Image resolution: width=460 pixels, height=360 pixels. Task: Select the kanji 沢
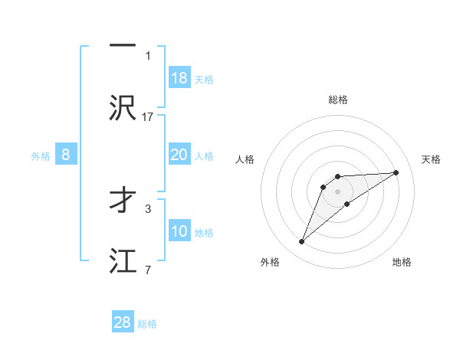[123, 107]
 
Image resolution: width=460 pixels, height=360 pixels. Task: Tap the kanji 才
[123, 201]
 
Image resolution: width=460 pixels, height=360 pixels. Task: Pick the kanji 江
[123, 260]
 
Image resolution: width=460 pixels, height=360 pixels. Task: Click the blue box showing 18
[179, 77]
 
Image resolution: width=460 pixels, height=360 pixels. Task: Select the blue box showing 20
[179, 155]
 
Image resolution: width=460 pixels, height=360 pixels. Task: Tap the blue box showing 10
[179, 231]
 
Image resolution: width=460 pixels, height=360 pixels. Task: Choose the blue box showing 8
[66, 155]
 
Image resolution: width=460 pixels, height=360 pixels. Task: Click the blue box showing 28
[123, 322]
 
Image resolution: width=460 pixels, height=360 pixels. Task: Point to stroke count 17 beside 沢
[148, 116]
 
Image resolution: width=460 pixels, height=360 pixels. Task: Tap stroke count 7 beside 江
[148, 270]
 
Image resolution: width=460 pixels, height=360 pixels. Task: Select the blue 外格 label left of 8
[41, 155]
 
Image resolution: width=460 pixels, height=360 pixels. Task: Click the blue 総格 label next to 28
[147, 324]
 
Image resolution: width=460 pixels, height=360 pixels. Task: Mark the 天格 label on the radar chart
[431, 159]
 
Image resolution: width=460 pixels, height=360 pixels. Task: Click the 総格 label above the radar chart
[338, 100]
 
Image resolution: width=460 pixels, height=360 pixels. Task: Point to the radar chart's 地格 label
[402, 262]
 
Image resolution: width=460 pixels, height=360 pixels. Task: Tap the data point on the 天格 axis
[396, 172]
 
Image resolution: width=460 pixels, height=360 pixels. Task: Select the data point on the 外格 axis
[301, 242]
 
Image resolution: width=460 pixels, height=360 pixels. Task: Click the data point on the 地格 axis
[347, 204]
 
